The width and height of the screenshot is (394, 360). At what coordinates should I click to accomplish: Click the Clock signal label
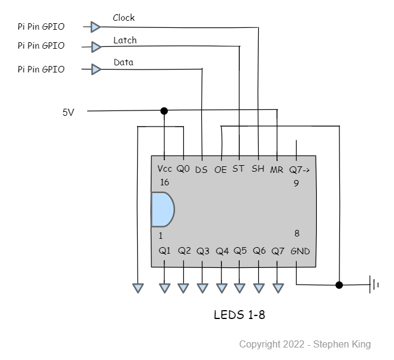tap(123, 18)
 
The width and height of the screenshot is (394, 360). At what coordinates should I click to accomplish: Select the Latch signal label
tap(125, 40)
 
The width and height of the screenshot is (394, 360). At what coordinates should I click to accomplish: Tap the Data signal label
tap(123, 62)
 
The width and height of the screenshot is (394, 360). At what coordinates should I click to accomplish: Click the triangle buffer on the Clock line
tap(96, 27)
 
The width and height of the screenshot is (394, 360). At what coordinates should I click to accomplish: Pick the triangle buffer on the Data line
tap(96, 69)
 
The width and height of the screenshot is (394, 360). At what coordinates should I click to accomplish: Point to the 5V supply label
tap(68, 112)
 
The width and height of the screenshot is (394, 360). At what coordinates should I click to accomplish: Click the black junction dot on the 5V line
tap(164, 110)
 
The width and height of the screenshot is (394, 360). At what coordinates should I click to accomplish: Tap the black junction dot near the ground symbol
tap(339, 285)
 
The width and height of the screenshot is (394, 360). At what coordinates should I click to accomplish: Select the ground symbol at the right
tap(374, 285)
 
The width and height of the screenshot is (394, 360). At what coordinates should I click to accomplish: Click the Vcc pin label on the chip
tap(164, 169)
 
